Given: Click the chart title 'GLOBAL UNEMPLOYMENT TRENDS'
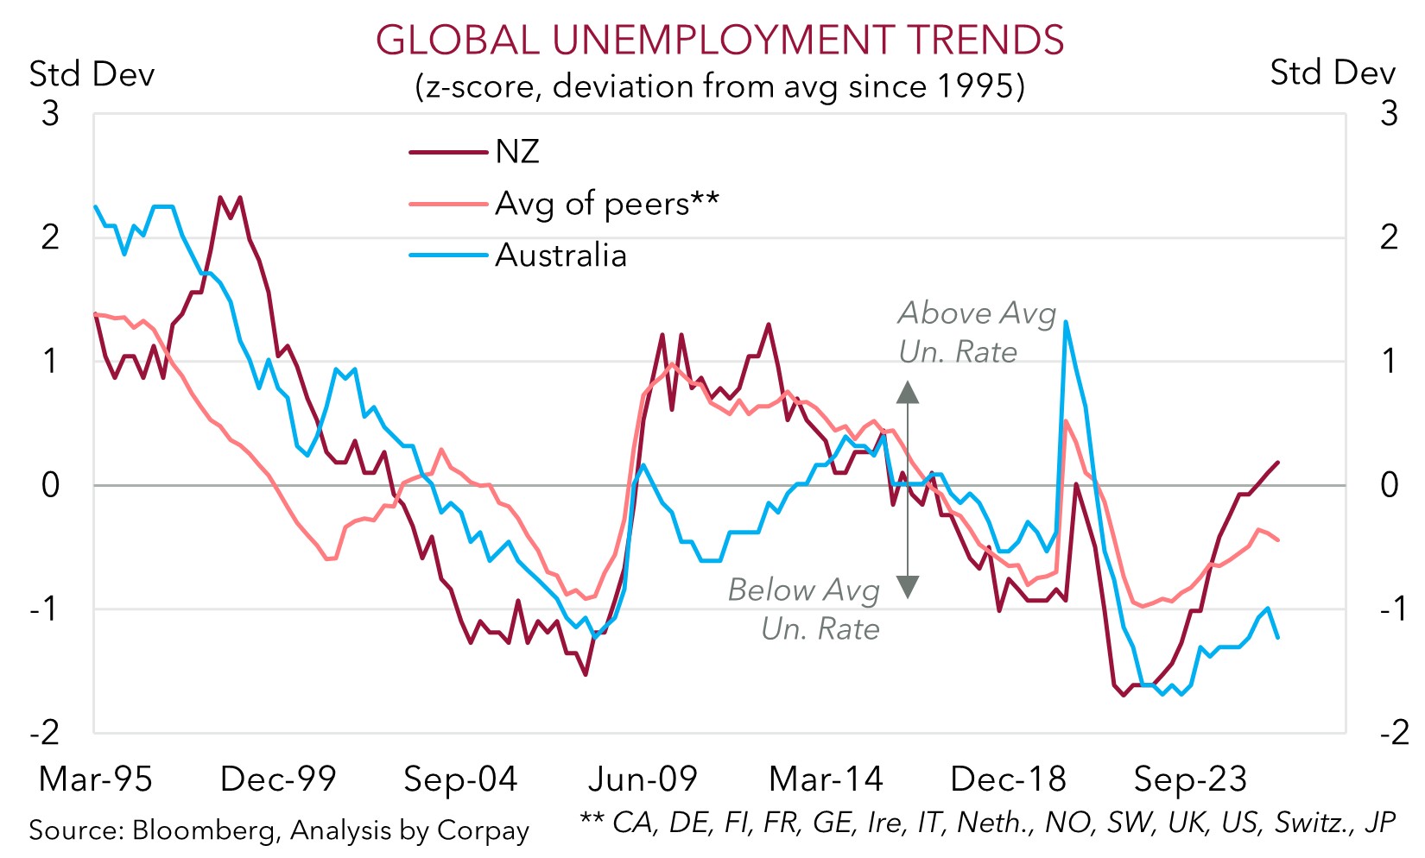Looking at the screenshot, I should click(719, 41).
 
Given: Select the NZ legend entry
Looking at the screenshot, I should click(516, 152).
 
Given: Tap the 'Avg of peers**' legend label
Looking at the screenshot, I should click(606, 204).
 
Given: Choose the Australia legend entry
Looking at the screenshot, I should click(560, 256).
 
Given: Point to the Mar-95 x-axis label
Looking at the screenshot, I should click(95, 779).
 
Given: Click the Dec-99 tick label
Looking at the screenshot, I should click(277, 779).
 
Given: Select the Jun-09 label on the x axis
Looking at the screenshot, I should click(643, 779).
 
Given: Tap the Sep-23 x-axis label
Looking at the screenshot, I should click(1190, 779).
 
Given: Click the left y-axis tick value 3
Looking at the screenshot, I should click(51, 113).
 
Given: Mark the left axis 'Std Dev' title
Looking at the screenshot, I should click(92, 74).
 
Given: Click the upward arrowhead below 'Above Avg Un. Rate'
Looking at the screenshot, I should click(907, 393).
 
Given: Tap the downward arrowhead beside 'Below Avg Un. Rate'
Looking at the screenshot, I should click(907, 588).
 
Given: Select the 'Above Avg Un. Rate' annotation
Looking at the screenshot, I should click(976, 332).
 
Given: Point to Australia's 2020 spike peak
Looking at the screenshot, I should click(1066, 322).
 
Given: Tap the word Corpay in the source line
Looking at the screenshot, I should click(483, 830).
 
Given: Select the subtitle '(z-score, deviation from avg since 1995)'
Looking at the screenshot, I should click(719, 86).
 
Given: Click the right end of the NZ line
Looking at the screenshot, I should click(1277, 463).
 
